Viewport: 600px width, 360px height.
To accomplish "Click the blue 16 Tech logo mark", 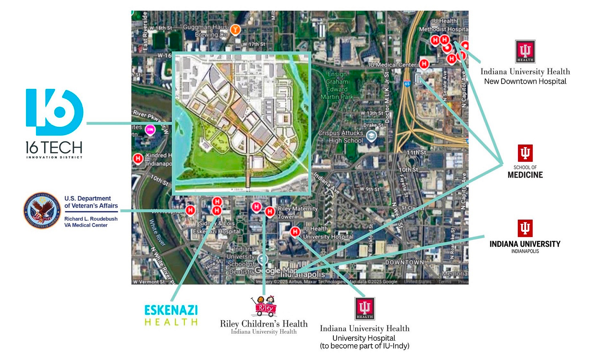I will (x=54, y=112).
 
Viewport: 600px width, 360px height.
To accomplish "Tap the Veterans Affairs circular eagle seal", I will (x=42, y=210).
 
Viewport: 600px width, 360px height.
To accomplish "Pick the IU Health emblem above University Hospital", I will (x=365, y=309).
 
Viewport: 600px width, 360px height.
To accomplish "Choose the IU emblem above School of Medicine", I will (x=525, y=153).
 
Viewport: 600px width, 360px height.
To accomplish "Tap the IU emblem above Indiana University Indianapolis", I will (x=525, y=228).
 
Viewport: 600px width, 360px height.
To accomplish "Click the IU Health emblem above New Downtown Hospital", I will (x=525, y=51).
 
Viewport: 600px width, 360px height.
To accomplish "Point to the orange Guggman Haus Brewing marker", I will (x=235, y=30).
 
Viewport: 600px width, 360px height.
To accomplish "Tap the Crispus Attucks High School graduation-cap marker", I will (x=372, y=136).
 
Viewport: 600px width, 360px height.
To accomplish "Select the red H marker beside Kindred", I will (x=138, y=158).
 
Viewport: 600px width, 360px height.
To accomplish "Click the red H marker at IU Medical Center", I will (x=424, y=64).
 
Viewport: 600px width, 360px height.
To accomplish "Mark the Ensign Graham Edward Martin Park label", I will (x=337, y=85).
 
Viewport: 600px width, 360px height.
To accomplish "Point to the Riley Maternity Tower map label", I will (x=298, y=213).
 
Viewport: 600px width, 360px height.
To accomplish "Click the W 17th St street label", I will (x=254, y=44).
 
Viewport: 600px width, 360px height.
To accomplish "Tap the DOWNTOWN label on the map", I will (x=404, y=262).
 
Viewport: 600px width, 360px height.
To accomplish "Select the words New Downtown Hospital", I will (x=525, y=82).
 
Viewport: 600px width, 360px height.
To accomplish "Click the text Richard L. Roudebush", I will (x=91, y=219).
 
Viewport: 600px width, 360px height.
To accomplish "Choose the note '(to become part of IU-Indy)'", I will (x=364, y=346).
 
